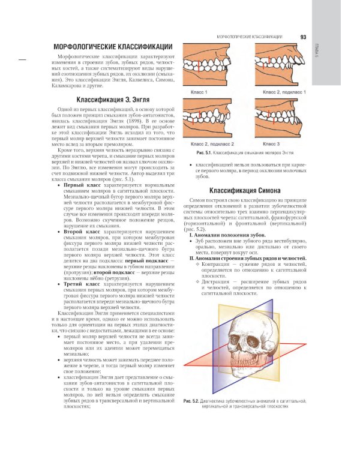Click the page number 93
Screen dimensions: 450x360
click(303, 37)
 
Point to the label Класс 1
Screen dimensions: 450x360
click(199, 92)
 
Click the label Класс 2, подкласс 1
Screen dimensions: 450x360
click(284, 92)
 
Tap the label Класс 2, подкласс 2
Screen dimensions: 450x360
click(208, 144)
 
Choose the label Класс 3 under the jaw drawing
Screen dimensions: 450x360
click(271, 144)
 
